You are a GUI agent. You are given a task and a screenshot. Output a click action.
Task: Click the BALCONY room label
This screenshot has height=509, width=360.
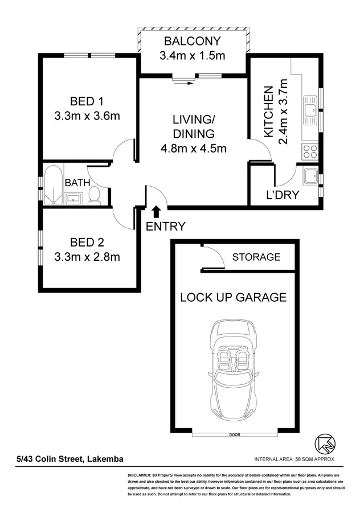pos(192,41)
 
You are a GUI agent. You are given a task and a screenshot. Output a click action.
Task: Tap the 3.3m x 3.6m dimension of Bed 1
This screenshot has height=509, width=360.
pos(87,116)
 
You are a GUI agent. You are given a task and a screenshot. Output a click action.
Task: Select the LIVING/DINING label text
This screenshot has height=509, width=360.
pos(194,127)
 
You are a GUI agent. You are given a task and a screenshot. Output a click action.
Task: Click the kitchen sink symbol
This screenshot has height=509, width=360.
pos(310,112)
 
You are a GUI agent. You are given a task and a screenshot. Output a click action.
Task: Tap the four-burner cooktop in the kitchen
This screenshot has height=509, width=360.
pos(310,151)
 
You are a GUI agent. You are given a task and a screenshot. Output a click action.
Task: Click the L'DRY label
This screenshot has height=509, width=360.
pos(283,195)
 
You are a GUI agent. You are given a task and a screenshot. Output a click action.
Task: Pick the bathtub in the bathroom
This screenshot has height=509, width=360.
pos(53,185)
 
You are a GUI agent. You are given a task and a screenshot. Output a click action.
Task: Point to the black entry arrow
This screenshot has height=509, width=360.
pos(157,213)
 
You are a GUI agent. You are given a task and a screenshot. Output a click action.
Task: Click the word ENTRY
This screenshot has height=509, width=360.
pos(166,227)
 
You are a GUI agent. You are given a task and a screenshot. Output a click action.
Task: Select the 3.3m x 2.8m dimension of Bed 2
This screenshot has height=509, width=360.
pos(87,256)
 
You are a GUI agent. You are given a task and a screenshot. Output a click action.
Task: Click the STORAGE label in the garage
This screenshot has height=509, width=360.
pos(256,257)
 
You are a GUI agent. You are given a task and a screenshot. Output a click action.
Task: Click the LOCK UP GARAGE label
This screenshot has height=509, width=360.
pos(233,297)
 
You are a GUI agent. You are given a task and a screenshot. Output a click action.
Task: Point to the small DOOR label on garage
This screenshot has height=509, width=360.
pos(235,436)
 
